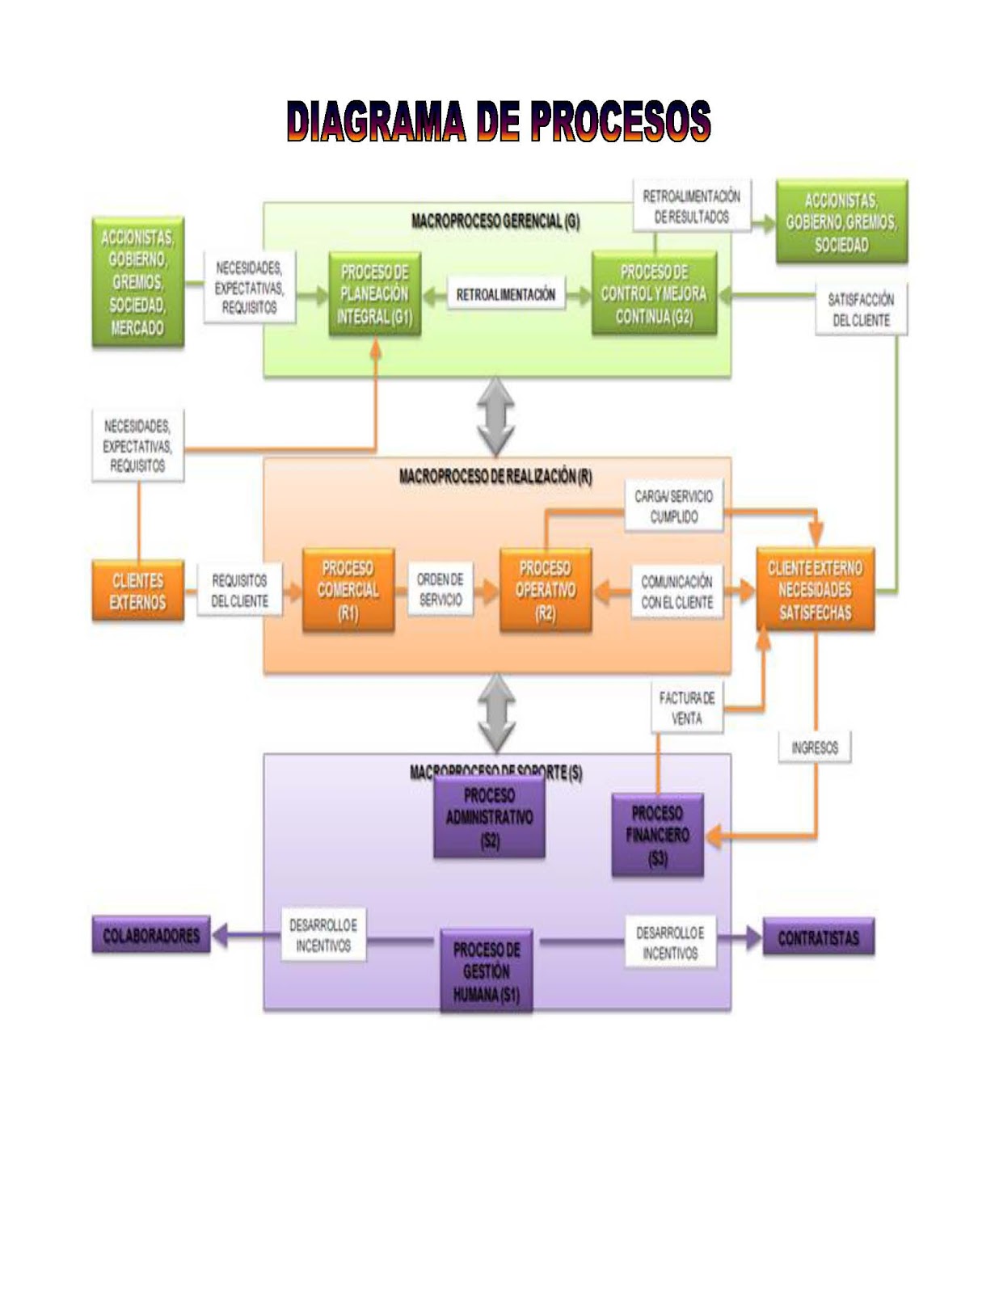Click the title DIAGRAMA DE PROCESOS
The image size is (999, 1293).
(499, 122)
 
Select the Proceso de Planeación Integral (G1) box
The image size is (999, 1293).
(374, 295)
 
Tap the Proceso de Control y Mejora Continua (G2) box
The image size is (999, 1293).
(654, 295)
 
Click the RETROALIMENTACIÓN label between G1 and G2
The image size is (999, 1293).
(506, 295)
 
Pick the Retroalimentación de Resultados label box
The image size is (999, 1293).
(691, 206)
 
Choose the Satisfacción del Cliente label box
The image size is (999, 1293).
(861, 310)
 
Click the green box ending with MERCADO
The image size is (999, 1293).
(137, 282)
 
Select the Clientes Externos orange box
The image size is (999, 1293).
(137, 592)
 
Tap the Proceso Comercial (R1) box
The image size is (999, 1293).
(348, 591)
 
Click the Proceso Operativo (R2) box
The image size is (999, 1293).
(546, 591)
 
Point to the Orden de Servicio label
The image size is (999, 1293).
(440, 590)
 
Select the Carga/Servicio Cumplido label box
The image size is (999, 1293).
(673, 507)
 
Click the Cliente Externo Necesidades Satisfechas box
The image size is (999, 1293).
(815, 590)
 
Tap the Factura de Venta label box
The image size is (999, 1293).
(686, 708)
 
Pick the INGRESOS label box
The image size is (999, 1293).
(815, 748)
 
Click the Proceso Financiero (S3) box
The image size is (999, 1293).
(657, 836)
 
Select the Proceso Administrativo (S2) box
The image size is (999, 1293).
(489, 818)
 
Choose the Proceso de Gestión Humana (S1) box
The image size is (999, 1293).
(486, 971)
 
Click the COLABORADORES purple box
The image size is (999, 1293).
(151, 936)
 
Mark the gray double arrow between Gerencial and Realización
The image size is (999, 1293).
(496, 417)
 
